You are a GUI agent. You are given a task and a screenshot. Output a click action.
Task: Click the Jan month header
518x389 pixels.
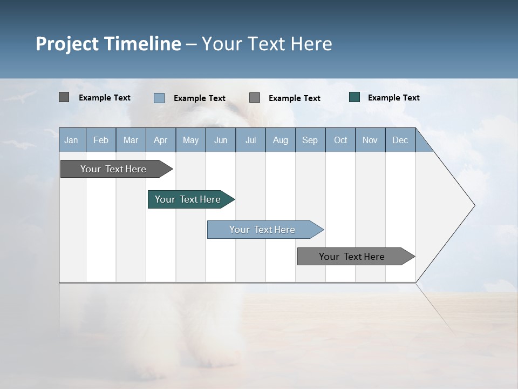[71, 140]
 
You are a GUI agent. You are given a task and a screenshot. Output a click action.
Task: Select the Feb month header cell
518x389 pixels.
[101, 140]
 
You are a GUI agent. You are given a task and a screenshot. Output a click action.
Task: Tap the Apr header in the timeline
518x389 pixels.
[161, 140]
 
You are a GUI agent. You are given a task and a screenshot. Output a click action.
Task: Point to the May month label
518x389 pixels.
[190, 140]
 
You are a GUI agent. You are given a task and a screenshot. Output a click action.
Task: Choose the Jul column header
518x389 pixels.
[250, 140]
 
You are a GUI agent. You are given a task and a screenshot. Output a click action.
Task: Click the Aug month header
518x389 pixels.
[281, 140]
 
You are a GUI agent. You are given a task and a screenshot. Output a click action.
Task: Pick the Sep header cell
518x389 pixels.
[310, 140]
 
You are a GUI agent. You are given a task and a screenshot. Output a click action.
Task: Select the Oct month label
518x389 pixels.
[340, 140]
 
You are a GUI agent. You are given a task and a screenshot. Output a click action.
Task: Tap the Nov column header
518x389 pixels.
[370, 140]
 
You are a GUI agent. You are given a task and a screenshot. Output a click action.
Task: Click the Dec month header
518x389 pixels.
[400, 140]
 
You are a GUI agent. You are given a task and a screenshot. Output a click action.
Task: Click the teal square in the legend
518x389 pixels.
[355, 97]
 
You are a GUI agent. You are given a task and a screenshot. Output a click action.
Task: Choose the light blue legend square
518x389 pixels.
[159, 98]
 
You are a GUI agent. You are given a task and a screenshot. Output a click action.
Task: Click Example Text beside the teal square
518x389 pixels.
[393, 98]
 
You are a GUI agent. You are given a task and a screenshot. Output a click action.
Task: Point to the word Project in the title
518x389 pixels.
[67, 44]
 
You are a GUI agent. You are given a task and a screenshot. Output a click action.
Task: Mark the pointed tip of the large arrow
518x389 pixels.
[474, 205]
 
